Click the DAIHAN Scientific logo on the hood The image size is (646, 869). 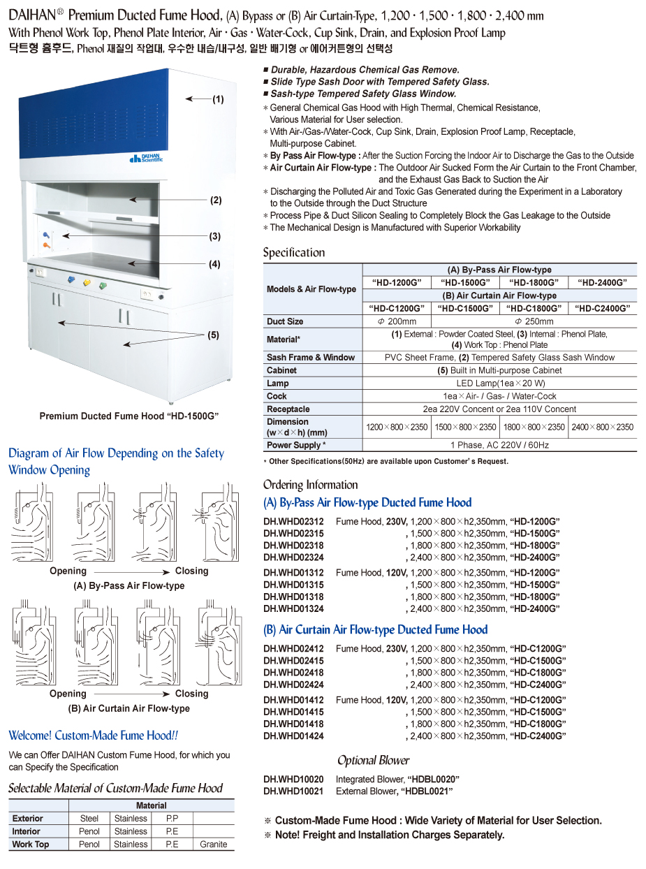tap(147, 159)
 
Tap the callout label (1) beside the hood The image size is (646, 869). tap(218, 100)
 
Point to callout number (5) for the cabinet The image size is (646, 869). tap(213, 335)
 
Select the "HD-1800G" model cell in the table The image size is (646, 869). tap(534, 282)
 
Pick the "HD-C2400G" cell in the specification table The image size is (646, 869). tap(603, 308)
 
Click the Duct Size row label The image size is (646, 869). tap(285, 321)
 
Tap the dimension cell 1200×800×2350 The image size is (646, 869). tap(397, 427)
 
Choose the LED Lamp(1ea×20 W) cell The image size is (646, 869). tap(499, 384)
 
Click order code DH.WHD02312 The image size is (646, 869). tap(293, 522)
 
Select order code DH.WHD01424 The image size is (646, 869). tap(293, 736)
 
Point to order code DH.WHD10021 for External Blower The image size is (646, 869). tap(293, 791)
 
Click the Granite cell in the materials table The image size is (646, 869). tap(213, 844)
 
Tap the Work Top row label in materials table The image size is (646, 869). tap(31, 844)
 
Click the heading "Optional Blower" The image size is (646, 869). tap(373, 761)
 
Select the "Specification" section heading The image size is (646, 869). tap(293, 252)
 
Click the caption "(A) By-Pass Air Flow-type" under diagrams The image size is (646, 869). tap(129, 585)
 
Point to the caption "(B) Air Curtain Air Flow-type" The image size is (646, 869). tap(129, 708)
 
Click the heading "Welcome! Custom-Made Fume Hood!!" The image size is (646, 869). tap(93, 736)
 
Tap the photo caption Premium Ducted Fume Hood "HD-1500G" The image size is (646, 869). tap(129, 416)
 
